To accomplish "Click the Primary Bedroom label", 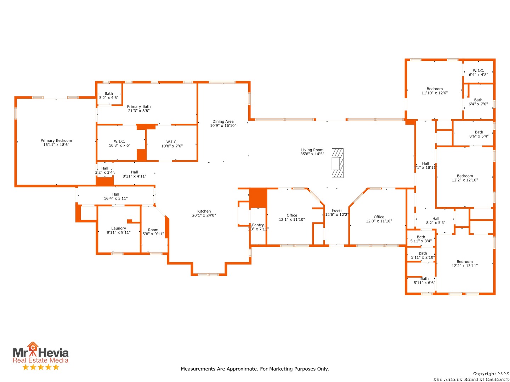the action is pyautogui.click(x=56, y=140).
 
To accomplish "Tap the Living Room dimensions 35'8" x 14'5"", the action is pyautogui.click(x=312, y=154).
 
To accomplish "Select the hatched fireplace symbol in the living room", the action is pyautogui.click(x=338, y=163).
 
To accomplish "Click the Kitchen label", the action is pyautogui.click(x=204, y=211).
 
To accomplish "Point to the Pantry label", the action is pyautogui.click(x=258, y=225).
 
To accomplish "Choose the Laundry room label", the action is pyautogui.click(x=119, y=228).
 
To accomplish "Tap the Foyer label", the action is pyautogui.click(x=337, y=210).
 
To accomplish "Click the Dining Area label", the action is pyautogui.click(x=223, y=122).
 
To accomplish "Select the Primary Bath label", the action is pyautogui.click(x=139, y=107).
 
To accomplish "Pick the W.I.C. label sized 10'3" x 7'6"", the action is pyautogui.click(x=119, y=141).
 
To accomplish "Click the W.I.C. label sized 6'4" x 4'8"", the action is pyautogui.click(x=478, y=70).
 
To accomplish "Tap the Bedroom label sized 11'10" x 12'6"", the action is pyautogui.click(x=435, y=89).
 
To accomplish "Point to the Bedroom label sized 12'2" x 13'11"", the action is pyautogui.click(x=464, y=262).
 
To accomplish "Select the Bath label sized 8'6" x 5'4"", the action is pyautogui.click(x=479, y=132).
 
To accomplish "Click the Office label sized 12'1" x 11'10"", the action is pyautogui.click(x=291, y=215).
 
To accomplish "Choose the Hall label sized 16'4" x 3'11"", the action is pyautogui.click(x=116, y=195).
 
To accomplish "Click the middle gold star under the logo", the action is pyautogui.click(x=41, y=367).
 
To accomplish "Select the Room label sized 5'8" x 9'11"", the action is pyautogui.click(x=153, y=230).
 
